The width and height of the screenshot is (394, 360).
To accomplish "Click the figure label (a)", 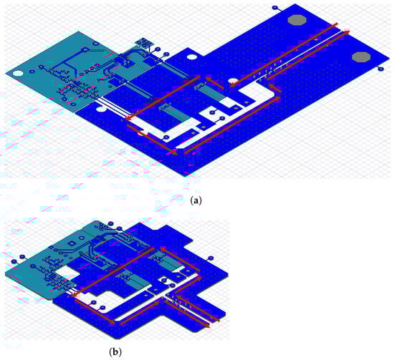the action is (x=196, y=200).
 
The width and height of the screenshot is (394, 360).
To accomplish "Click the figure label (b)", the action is (x=115, y=351).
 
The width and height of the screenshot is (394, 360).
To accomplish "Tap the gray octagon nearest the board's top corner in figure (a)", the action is (x=297, y=20).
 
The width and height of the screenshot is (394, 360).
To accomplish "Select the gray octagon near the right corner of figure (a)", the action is (x=361, y=57).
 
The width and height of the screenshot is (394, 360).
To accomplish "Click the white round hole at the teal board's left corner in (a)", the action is (x=17, y=74).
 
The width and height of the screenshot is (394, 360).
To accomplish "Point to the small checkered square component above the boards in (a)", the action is (x=144, y=42).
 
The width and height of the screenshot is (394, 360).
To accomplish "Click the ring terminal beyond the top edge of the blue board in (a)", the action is (x=275, y=8).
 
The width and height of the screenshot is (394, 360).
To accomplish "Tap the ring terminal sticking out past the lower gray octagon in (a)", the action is (x=381, y=69).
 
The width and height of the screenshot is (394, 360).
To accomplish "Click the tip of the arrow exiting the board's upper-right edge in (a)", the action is (x=350, y=31).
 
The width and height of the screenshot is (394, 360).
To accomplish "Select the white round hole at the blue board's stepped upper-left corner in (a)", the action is (x=192, y=57).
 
